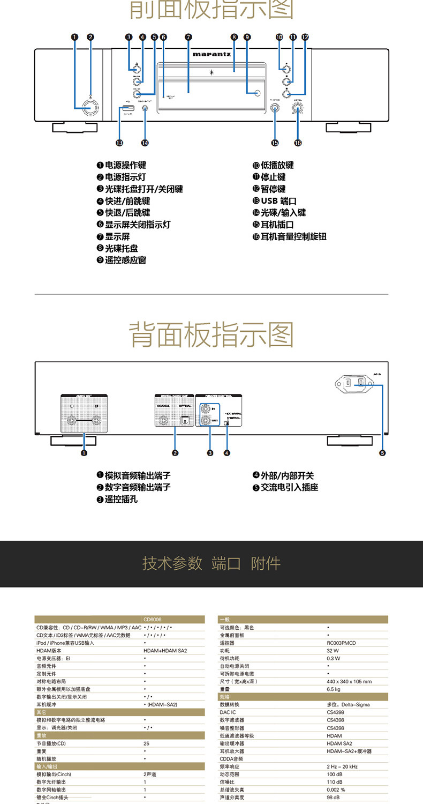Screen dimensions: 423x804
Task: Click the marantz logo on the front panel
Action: tap(211, 54)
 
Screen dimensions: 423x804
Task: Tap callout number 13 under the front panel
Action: tap(119, 143)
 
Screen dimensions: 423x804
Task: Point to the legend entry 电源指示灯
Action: tap(121, 177)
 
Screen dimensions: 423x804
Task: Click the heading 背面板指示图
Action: tap(211, 334)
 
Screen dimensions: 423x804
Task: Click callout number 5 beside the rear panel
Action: tap(382, 453)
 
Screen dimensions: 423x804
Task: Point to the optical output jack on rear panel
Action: tap(184, 421)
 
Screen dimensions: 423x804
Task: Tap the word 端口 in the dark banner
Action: tap(226, 563)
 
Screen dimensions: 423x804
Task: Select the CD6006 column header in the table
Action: tap(153, 619)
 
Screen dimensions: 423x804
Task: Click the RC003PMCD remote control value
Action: tap(341, 643)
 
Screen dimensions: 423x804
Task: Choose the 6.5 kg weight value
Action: tap(333, 689)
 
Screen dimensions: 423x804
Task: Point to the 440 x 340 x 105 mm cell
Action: tap(349, 682)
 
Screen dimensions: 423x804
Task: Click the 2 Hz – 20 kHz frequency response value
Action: tap(342, 766)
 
